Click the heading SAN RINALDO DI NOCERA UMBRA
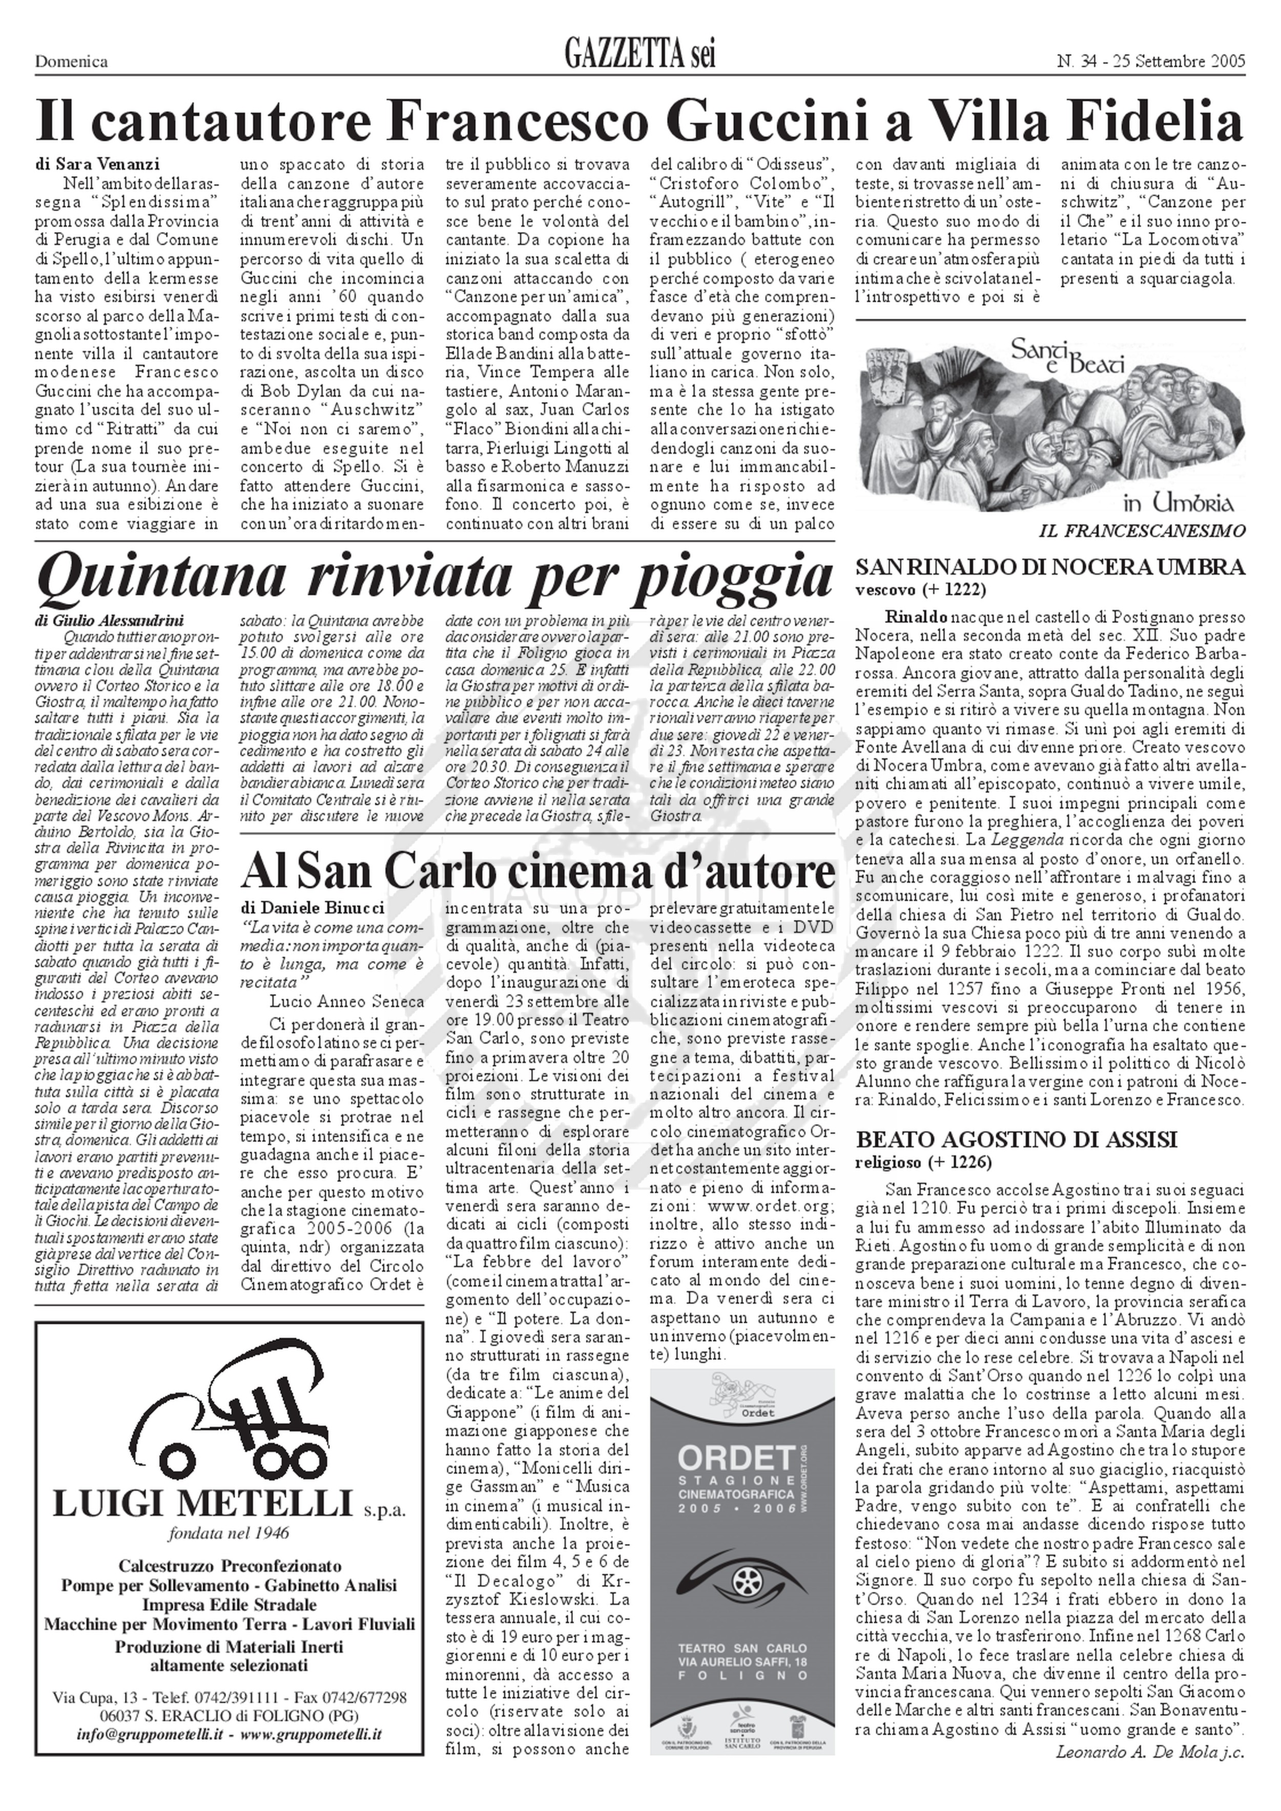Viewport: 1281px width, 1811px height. coord(1050,566)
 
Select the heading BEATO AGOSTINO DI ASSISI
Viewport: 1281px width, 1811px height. coord(1017,1139)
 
